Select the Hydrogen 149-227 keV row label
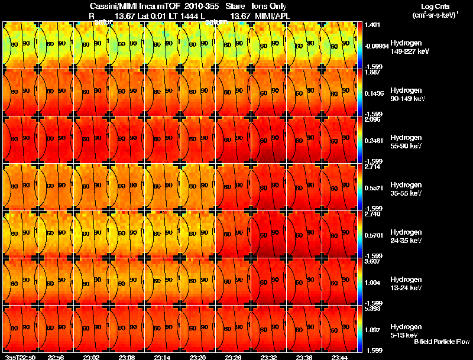(x=405, y=47)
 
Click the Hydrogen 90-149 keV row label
(x=405, y=94)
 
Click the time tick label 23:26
(x=233, y=357)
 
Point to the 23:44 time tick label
(x=339, y=357)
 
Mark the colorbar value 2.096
(x=372, y=120)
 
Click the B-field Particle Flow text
(x=441, y=342)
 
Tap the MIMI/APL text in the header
(x=273, y=15)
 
